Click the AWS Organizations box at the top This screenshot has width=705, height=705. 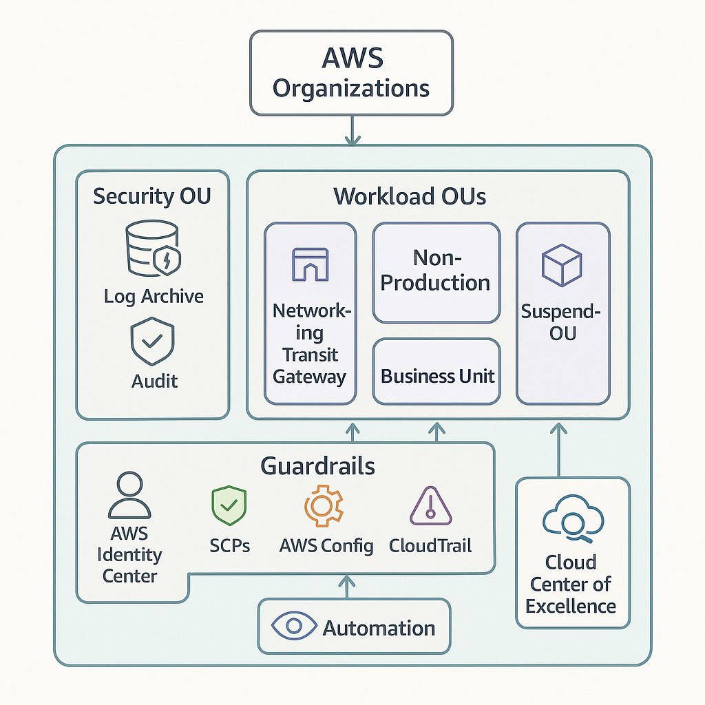pyautogui.click(x=351, y=73)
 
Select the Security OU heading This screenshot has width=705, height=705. pyautogui.click(x=152, y=196)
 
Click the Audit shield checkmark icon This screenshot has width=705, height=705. pyautogui.click(x=153, y=340)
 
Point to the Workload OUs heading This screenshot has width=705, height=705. pyautogui.click(x=410, y=196)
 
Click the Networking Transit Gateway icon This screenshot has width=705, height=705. pyautogui.click(x=311, y=264)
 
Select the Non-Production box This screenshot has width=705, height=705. pyautogui.click(x=436, y=271)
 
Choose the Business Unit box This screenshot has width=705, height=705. pyautogui.click(x=436, y=376)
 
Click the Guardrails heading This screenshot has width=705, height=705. pyautogui.click(x=317, y=466)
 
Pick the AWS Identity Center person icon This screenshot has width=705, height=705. pyautogui.click(x=129, y=495)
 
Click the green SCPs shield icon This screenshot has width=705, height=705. pyautogui.click(x=229, y=505)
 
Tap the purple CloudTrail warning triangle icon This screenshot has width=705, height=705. pyautogui.click(x=430, y=506)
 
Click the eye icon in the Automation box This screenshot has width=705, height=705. pyautogui.click(x=294, y=627)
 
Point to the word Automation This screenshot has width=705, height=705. pyautogui.click(x=379, y=629)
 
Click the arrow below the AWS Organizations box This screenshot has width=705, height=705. pyautogui.click(x=352, y=130)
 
